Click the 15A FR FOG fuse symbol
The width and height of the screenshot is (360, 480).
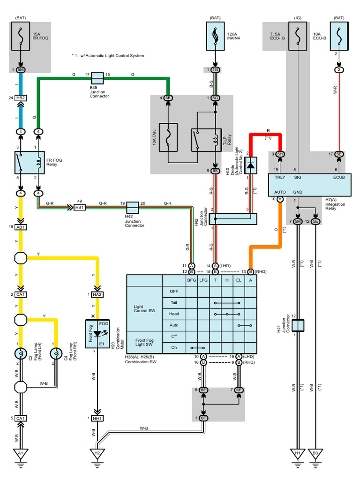point(21,36)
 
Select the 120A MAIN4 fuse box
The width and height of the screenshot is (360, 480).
point(215,36)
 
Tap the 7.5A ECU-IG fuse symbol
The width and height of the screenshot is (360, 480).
point(298,36)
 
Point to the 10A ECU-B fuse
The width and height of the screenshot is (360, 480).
point(339,36)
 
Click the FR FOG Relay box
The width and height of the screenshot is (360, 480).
point(30,163)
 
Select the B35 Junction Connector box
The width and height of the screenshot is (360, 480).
point(97,78)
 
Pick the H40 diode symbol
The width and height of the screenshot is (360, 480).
point(251,165)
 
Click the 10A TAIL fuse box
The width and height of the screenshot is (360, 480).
point(168,137)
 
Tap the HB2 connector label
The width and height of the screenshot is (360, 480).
point(21,98)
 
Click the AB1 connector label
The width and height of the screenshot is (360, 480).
point(21,227)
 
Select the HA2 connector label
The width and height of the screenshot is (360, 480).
point(97,294)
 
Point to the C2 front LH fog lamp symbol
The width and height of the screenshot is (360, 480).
point(21,354)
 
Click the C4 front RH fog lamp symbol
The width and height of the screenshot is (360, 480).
point(56,354)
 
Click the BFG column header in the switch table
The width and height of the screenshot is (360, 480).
point(192,280)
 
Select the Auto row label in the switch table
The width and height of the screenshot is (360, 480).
point(174,325)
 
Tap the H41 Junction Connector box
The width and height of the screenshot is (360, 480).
point(298,325)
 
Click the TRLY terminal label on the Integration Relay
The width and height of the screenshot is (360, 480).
point(280,177)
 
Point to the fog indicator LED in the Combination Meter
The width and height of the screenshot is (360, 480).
point(98,334)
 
